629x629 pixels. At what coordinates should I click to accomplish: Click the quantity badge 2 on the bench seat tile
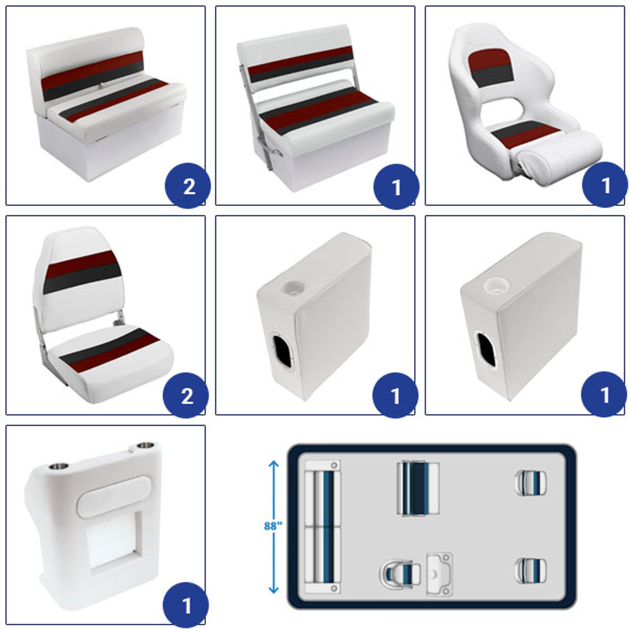coord(188,186)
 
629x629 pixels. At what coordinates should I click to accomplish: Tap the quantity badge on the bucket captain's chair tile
coord(605,185)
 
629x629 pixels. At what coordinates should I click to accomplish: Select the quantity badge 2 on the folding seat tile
coord(186,395)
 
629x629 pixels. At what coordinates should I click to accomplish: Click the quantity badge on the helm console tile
coord(186,605)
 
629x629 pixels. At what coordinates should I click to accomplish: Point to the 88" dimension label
coord(273,526)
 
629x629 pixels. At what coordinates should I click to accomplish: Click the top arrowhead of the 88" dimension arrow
coord(274,464)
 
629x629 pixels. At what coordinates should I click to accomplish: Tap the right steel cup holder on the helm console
coord(145,445)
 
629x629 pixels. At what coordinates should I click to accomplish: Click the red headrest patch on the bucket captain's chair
coord(490,58)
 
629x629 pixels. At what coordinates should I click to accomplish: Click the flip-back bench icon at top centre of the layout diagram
coord(418,488)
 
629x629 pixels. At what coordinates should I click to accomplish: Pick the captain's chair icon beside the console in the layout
coord(400,575)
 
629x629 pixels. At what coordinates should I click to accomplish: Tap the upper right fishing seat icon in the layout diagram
coord(531,483)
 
